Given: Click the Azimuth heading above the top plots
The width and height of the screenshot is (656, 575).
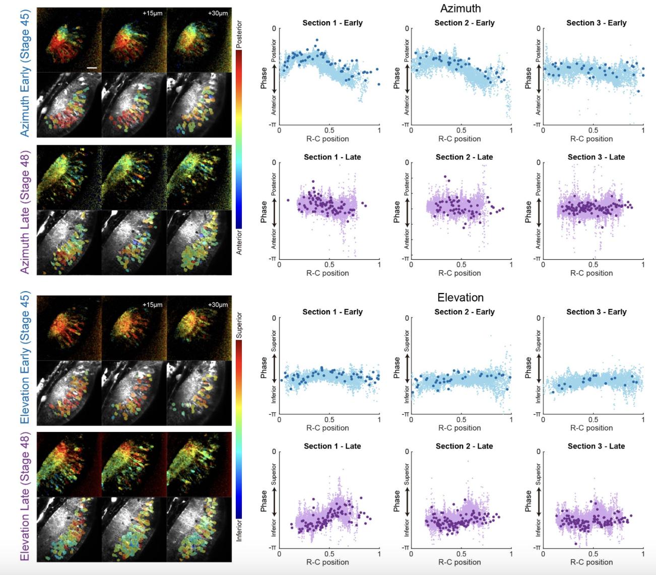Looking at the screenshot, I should [x=460, y=8].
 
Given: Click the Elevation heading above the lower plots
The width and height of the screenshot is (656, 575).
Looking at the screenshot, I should [x=460, y=297].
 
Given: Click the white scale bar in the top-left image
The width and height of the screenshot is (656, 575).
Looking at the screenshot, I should [x=92, y=67].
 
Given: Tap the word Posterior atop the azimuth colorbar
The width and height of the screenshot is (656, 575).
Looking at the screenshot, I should [x=239, y=34].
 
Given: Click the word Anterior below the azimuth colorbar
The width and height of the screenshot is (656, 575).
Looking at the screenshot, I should [x=239, y=242].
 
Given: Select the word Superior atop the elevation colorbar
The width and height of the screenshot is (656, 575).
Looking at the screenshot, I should [x=239, y=325].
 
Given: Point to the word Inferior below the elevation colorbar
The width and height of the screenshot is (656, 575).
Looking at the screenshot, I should [x=239, y=531].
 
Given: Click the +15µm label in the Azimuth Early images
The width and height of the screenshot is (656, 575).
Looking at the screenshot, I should [x=152, y=13].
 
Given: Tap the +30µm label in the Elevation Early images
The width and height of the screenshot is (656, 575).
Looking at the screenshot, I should [x=218, y=304].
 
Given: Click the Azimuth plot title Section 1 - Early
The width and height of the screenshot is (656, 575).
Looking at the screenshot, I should [x=333, y=23].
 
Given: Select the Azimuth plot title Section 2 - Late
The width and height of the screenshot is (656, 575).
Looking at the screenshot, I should [x=464, y=157].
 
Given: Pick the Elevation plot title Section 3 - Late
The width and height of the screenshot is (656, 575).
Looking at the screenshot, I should [x=596, y=446].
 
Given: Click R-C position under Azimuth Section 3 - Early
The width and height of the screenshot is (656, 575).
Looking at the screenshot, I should [x=592, y=139].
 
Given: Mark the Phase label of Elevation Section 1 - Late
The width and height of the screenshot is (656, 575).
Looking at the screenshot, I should [x=264, y=501].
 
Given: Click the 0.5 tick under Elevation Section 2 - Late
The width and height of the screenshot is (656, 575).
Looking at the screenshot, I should [x=461, y=554].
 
